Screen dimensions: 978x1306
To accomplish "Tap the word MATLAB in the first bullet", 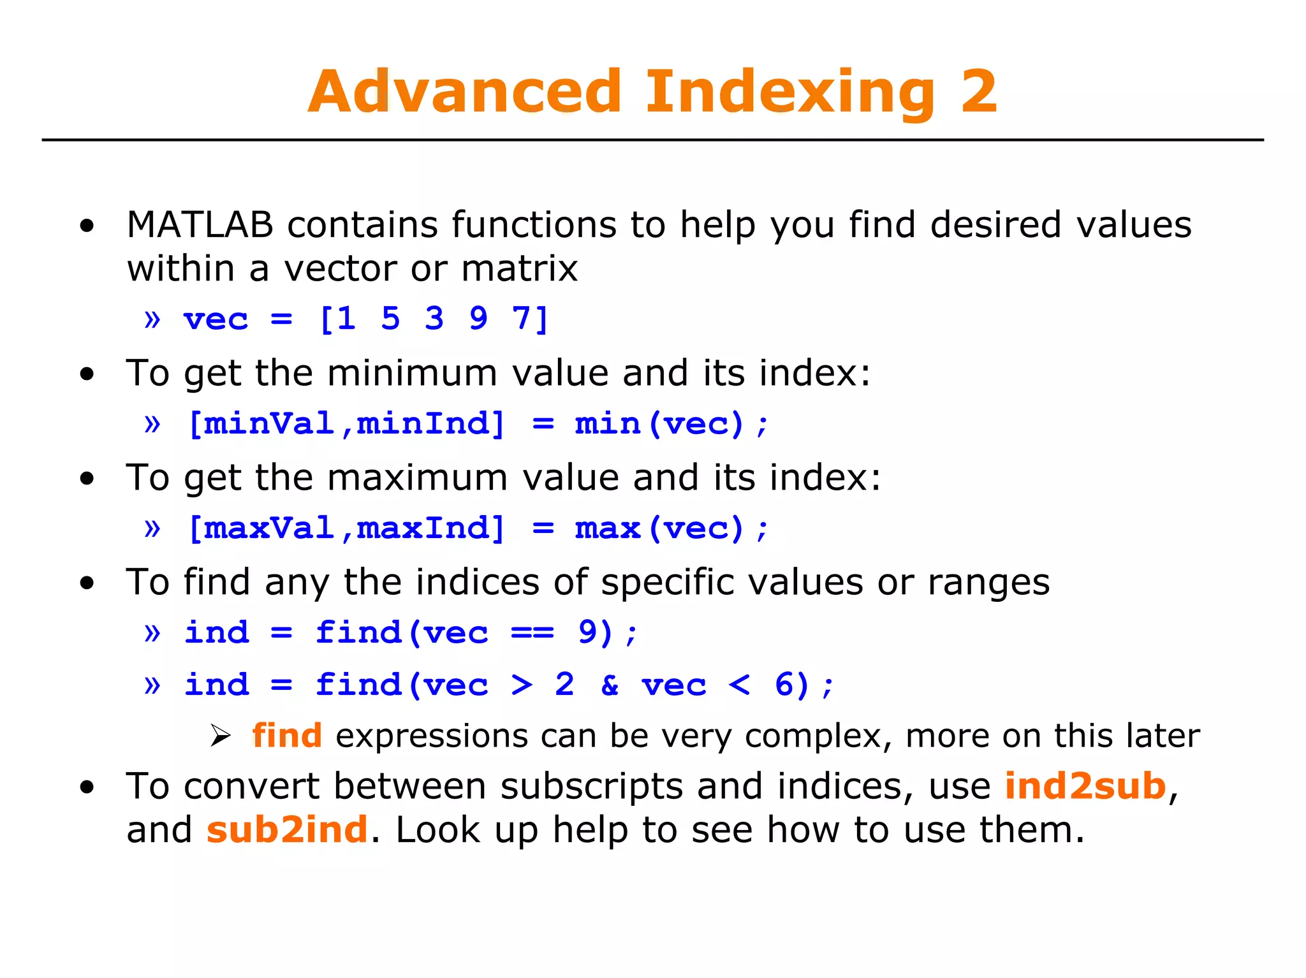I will (200, 225).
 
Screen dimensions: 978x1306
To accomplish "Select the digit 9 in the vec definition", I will (478, 319).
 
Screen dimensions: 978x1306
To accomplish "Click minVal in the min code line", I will (269, 424).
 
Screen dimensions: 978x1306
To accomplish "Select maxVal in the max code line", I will (269, 529).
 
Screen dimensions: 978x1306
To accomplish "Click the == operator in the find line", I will (533, 633).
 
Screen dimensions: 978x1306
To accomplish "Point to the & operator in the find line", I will (610, 686).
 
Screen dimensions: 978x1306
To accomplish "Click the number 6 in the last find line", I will (783, 685).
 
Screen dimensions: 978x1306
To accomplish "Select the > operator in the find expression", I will (522, 686).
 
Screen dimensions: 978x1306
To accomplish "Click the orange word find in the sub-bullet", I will (287, 736).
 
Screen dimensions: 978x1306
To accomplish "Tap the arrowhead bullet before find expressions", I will (220, 736).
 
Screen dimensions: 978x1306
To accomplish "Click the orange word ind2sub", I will (1085, 785).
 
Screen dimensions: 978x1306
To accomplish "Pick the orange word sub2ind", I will (287, 829).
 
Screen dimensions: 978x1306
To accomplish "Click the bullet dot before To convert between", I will (87, 787).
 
